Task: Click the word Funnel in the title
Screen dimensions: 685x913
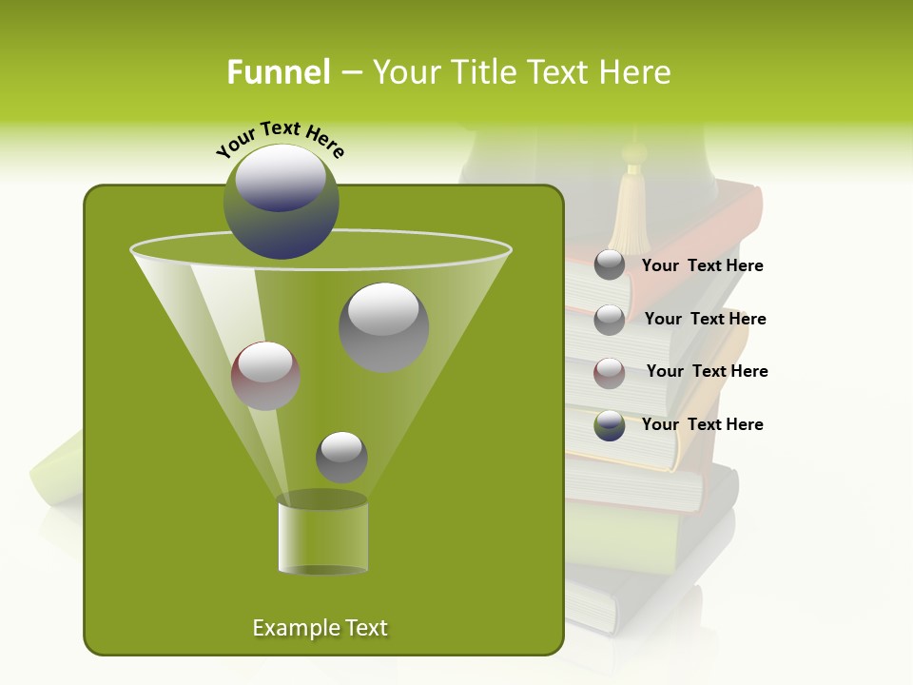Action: coord(278,72)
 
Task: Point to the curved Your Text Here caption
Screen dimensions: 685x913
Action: coord(281,139)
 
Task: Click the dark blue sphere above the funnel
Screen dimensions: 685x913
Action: coord(282,202)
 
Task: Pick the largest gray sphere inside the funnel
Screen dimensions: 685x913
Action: coord(383,326)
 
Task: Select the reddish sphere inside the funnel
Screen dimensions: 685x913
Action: coord(265,375)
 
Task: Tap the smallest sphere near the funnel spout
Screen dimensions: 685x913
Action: coord(341,457)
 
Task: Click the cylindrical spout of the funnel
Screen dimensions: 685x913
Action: coord(322,535)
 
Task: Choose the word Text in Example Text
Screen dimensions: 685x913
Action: coord(365,628)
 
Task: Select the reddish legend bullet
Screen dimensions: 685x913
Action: coord(610,373)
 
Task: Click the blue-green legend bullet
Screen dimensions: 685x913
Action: coord(610,425)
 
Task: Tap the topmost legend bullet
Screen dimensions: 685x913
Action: coord(610,265)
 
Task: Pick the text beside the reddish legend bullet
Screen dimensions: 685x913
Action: coord(707,371)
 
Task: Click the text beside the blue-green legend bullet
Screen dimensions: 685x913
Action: coord(702,424)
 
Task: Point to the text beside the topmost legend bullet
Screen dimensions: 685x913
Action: coord(702,265)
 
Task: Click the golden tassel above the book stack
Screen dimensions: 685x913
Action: coord(629,211)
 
